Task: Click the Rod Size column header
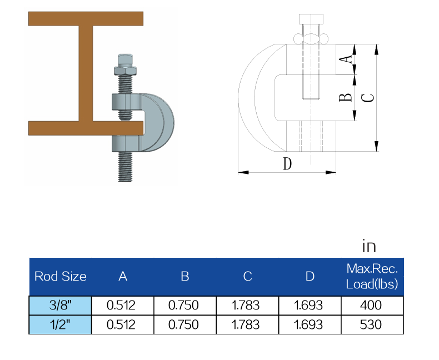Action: tap(61, 276)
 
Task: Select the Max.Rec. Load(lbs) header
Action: tap(372, 277)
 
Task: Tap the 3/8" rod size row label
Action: tap(61, 305)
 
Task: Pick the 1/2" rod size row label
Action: tap(61, 324)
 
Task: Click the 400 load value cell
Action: tap(372, 305)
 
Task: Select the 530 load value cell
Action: tap(372, 324)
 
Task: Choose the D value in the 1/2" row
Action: tap(310, 324)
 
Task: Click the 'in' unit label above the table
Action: tap(369, 246)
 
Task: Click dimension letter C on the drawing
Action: tap(367, 98)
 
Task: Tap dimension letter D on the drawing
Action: tap(287, 164)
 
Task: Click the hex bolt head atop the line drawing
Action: tap(310, 19)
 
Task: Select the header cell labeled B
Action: tap(185, 276)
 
